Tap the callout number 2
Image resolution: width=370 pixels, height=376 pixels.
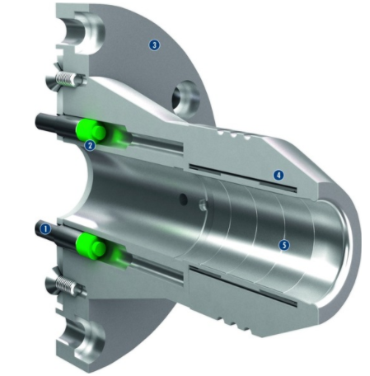(91, 146)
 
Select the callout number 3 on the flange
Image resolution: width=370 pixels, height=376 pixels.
(153, 44)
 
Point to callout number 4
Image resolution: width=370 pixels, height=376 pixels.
(279, 175)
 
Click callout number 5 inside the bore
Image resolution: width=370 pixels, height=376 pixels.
(283, 245)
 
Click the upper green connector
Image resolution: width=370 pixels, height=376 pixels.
(89, 130)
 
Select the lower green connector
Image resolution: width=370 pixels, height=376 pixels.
(89, 246)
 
